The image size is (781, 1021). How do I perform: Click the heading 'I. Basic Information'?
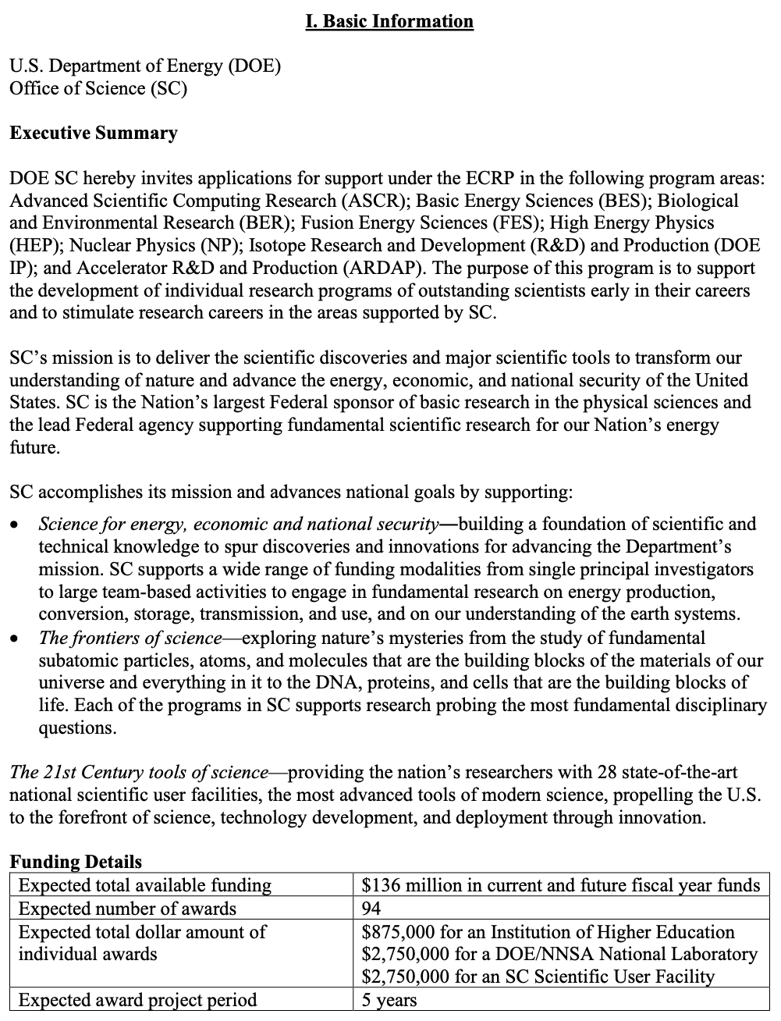pos(389,21)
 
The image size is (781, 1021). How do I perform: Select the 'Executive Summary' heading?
pos(94,133)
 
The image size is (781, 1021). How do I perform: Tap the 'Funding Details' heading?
pos(76,862)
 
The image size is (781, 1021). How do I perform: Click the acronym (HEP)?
pos(35,246)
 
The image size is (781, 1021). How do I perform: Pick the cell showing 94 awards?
pos(371,909)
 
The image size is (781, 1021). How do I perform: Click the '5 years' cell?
pos(389,1000)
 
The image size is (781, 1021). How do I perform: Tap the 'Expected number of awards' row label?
pos(127,909)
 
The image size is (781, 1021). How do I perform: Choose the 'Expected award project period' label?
pos(137,1000)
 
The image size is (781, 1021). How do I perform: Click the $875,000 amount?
pos(399,932)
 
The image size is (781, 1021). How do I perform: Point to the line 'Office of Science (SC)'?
pos(98,88)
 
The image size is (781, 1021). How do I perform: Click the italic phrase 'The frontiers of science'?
pos(130,638)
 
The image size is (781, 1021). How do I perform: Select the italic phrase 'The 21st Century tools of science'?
pos(139,773)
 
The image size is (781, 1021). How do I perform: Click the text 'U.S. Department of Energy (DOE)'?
pos(145,66)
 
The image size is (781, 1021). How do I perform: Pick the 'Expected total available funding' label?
pos(145,885)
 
